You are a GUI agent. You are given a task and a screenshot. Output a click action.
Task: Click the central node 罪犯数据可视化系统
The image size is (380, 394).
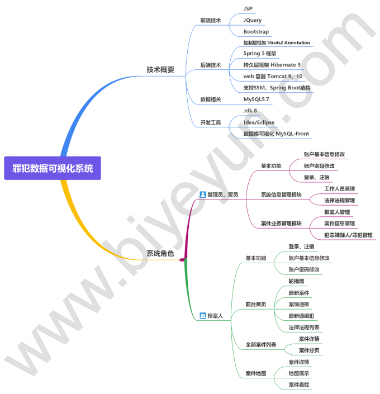pyautogui.click(x=53, y=168)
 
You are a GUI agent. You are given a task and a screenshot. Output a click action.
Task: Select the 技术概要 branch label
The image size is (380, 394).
pyautogui.click(x=160, y=70)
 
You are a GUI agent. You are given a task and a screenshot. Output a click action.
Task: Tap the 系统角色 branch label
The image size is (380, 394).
pyautogui.click(x=160, y=254)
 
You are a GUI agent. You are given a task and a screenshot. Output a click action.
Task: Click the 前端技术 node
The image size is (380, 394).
pyautogui.click(x=210, y=20)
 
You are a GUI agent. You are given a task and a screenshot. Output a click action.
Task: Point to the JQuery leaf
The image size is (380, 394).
pyautogui.click(x=252, y=20)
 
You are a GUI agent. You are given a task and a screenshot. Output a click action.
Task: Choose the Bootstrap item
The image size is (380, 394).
pyautogui.click(x=256, y=32)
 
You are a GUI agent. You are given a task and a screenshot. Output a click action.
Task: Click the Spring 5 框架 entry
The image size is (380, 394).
pyautogui.click(x=260, y=54)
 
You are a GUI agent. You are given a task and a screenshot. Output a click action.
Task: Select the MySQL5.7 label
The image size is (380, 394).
pyautogui.click(x=256, y=99)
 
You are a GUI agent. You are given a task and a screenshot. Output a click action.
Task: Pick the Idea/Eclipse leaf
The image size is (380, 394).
pyautogui.click(x=259, y=122)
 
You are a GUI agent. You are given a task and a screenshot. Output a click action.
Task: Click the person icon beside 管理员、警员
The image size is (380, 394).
pyautogui.click(x=203, y=194)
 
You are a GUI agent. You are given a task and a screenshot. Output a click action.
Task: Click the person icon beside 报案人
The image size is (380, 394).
pyautogui.click(x=203, y=316)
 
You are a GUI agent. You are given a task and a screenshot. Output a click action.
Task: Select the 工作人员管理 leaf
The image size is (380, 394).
pyautogui.click(x=339, y=189)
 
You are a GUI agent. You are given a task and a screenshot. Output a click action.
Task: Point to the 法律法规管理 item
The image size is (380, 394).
pyautogui.click(x=339, y=201)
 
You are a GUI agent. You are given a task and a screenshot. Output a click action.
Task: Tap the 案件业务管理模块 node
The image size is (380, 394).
pyautogui.click(x=281, y=224)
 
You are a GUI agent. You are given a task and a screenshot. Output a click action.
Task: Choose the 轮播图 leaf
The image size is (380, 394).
pyautogui.click(x=297, y=281)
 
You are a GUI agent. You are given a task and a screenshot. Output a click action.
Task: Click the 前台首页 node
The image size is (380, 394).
pyautogui.click(x=256, y=305)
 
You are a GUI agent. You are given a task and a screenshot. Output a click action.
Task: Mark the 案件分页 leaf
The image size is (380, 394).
pyautogui.click(x=309, y=350)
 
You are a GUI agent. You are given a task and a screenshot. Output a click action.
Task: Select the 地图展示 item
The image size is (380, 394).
pyautogui.click(x=299, y=373)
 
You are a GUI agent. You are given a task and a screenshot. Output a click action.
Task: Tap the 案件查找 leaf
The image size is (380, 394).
pyautogui.click(x=299, y=385)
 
